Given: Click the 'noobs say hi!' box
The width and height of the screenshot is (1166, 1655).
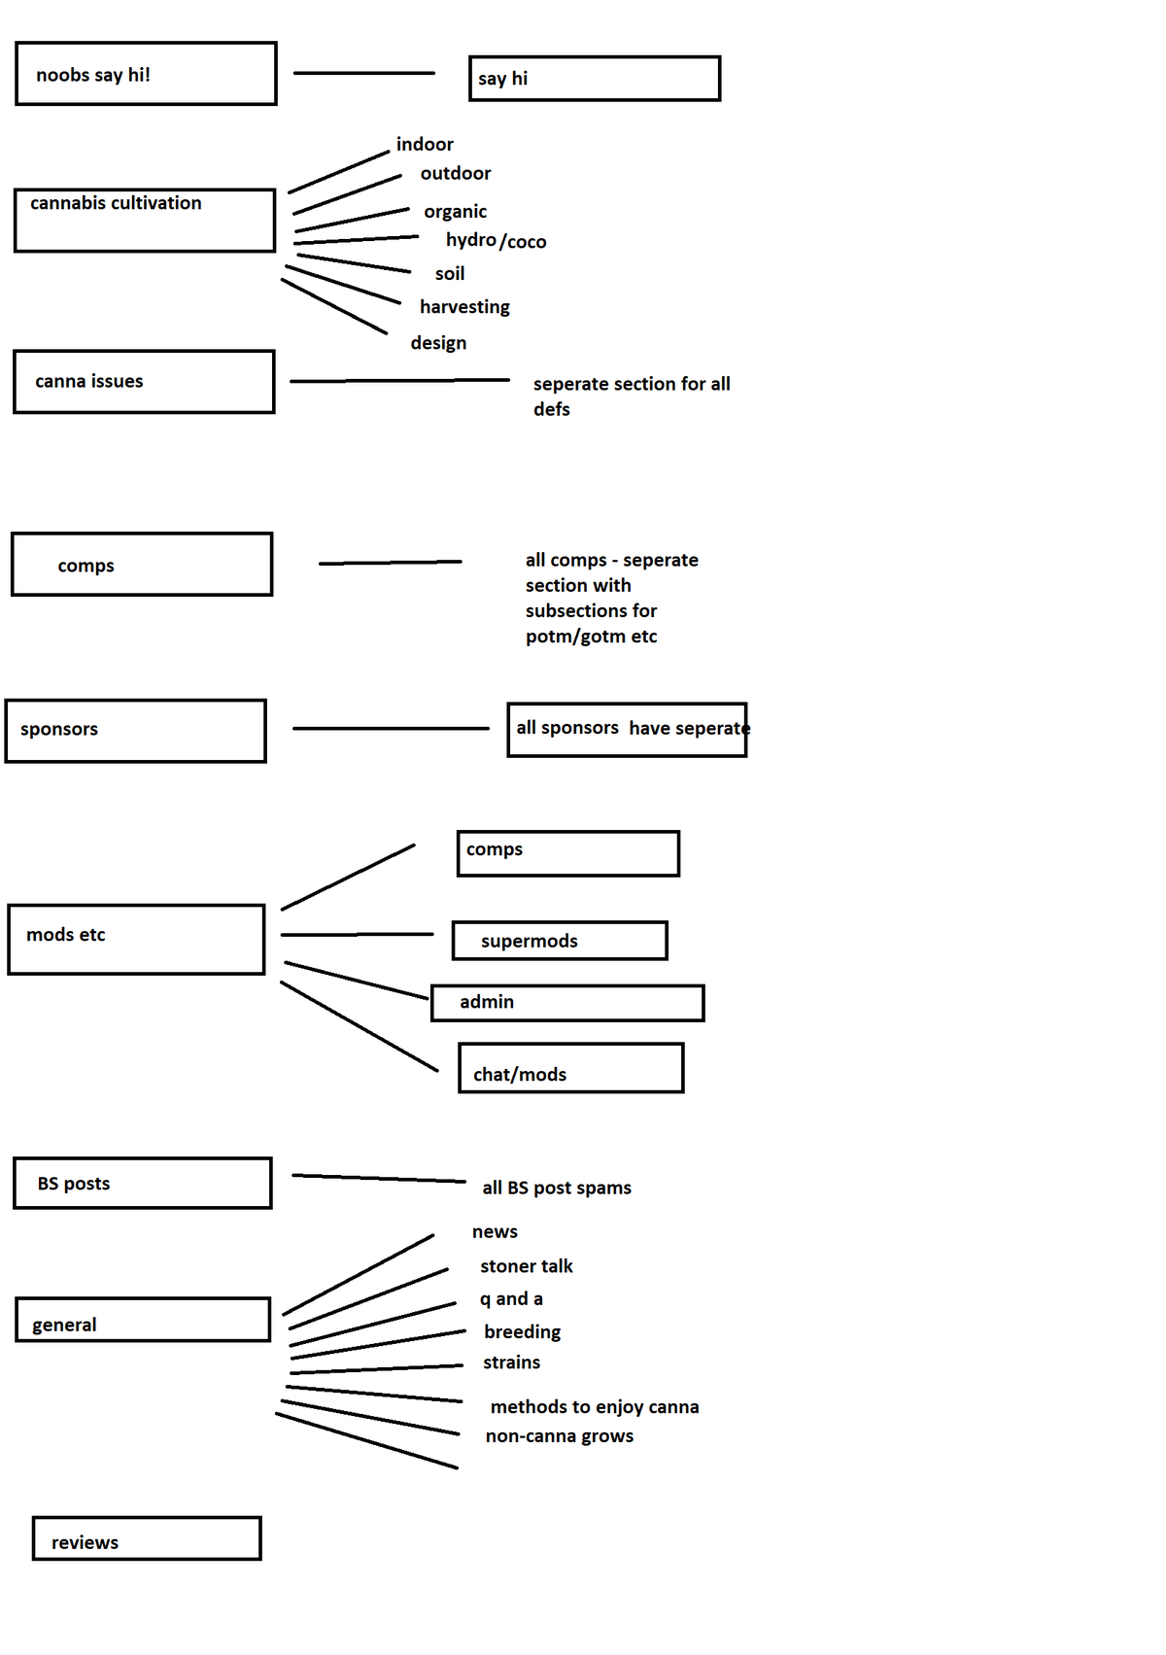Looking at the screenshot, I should [146, 74].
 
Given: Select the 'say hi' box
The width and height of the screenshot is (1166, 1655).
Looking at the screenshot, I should [595, 79].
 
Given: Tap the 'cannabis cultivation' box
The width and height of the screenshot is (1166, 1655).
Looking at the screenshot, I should [145, 221].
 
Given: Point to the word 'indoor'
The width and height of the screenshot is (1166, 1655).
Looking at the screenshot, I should [425, 145].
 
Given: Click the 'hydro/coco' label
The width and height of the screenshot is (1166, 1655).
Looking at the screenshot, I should [496, 241].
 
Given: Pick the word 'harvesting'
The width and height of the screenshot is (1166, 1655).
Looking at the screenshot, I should [464, 307].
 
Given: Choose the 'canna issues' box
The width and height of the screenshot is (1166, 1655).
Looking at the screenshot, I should [144, 382].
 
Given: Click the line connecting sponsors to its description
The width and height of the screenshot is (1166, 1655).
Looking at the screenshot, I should [391, 728].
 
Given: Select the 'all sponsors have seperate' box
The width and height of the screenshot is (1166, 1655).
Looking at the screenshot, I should [627, 730].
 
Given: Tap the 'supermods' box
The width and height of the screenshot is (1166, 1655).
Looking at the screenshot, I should [560, 941].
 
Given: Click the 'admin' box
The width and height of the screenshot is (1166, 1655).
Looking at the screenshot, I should [567, 1003].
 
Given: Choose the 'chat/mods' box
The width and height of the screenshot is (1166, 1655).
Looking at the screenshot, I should [571, 1068].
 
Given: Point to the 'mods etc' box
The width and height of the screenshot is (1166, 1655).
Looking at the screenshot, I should [136, 940].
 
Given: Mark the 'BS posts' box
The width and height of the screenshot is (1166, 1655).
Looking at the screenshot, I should [143, 1184].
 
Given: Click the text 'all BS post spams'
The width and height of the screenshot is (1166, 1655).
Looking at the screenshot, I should [557, 1189].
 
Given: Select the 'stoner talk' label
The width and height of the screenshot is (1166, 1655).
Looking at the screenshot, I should [526, 1266].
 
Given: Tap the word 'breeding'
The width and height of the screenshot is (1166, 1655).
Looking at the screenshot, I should [522, 1332].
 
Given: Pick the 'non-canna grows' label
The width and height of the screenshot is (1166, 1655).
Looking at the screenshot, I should [559, 1436].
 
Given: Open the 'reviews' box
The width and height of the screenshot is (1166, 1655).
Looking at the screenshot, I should [147, 1538].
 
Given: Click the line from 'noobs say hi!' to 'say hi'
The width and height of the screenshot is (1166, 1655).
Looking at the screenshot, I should [364, 73].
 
